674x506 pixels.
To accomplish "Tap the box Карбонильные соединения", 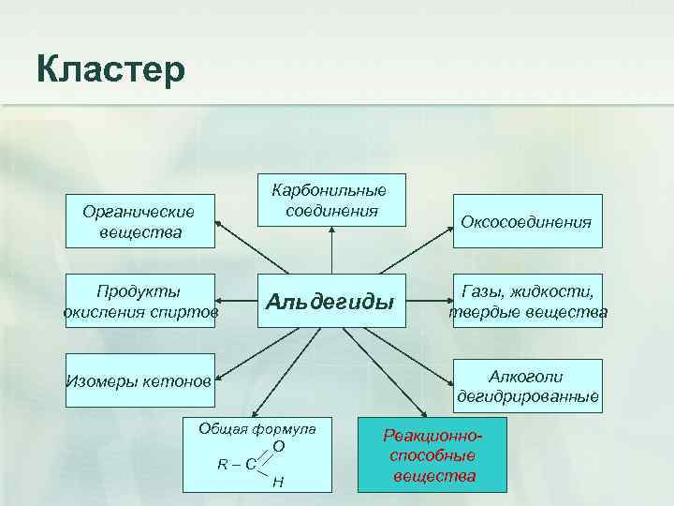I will coord(331,200).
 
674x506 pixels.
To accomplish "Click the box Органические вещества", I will coord(139,222).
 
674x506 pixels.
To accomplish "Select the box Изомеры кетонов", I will coord(139,381).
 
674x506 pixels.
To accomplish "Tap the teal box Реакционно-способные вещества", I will coord(432,455).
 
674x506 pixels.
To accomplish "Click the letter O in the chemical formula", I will coord(279,447).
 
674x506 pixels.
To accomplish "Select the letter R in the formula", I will coord(222,464).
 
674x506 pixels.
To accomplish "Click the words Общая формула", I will coord(256,428).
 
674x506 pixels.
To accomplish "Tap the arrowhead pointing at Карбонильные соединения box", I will coord(331,232).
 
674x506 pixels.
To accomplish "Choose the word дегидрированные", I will coord(528,396).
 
